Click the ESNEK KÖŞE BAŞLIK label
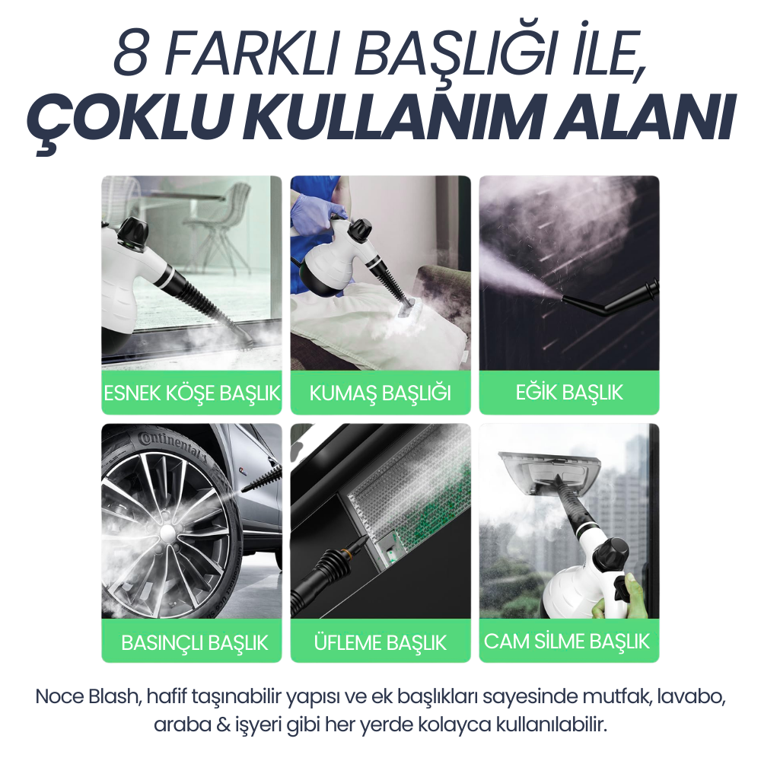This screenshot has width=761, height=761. pyautogui.click(x=191, y=393)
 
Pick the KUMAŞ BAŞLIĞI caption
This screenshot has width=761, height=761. pyautogui.click(x=380, y=393)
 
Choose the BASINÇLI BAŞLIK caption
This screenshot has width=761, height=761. pyautogui.click(x=194, y=642)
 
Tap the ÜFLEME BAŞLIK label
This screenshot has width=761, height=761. pyautogui.click(x=380, y=642)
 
